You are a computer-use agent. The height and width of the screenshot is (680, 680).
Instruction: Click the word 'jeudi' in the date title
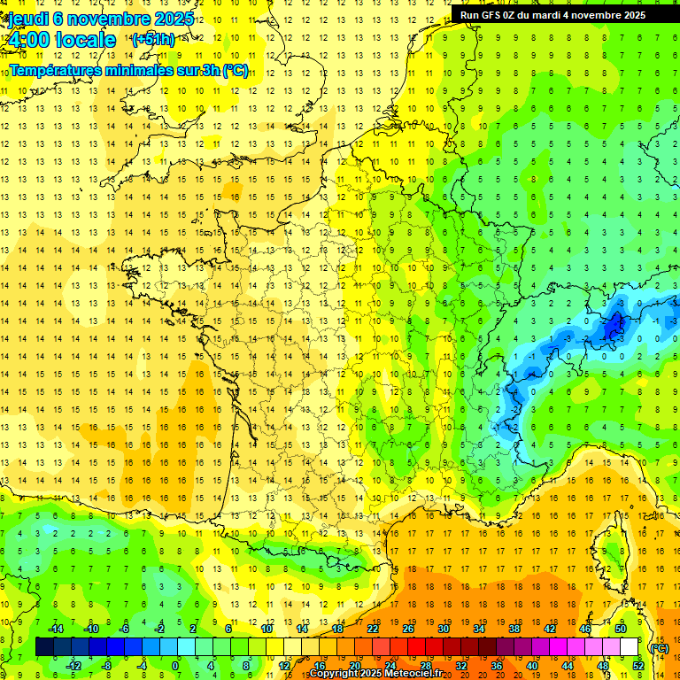(28, 19)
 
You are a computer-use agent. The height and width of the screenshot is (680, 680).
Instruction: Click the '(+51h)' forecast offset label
(153, 40)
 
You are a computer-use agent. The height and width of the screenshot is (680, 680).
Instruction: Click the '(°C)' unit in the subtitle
(235, 71)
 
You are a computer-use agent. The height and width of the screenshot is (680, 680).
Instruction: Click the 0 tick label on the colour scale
(174, 666)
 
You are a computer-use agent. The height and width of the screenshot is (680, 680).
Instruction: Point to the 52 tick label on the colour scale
(638, 666)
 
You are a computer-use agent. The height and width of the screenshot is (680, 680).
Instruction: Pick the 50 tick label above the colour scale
(621, 629)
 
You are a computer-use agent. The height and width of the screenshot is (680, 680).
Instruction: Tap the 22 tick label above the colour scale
(373, 629)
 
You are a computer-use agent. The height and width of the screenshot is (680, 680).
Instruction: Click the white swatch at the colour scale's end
(630, 647)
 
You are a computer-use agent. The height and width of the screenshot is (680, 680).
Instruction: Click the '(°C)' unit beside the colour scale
(660, 647)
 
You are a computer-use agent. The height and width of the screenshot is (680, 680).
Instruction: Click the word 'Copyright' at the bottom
(335, 674)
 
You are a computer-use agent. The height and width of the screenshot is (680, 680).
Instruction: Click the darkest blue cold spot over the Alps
(611, 328)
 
